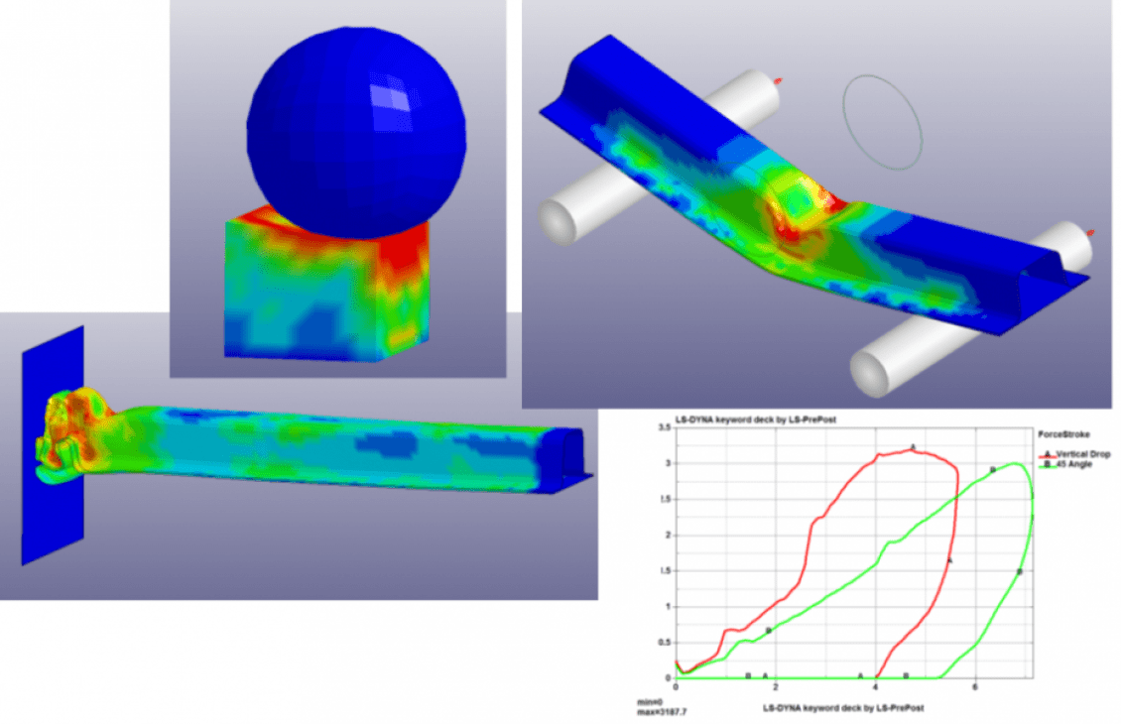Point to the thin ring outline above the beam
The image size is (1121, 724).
(x=882, y=118)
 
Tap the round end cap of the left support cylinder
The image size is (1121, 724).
(x=558, y=220)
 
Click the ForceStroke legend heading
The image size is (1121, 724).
(x=1061, y=433)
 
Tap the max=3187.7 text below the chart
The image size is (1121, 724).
(x=662, y=710)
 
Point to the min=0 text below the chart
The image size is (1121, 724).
(x=650, y=701)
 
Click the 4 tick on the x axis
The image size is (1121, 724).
(x=876, y=687)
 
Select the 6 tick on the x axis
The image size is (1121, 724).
(x=976, y=687)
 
